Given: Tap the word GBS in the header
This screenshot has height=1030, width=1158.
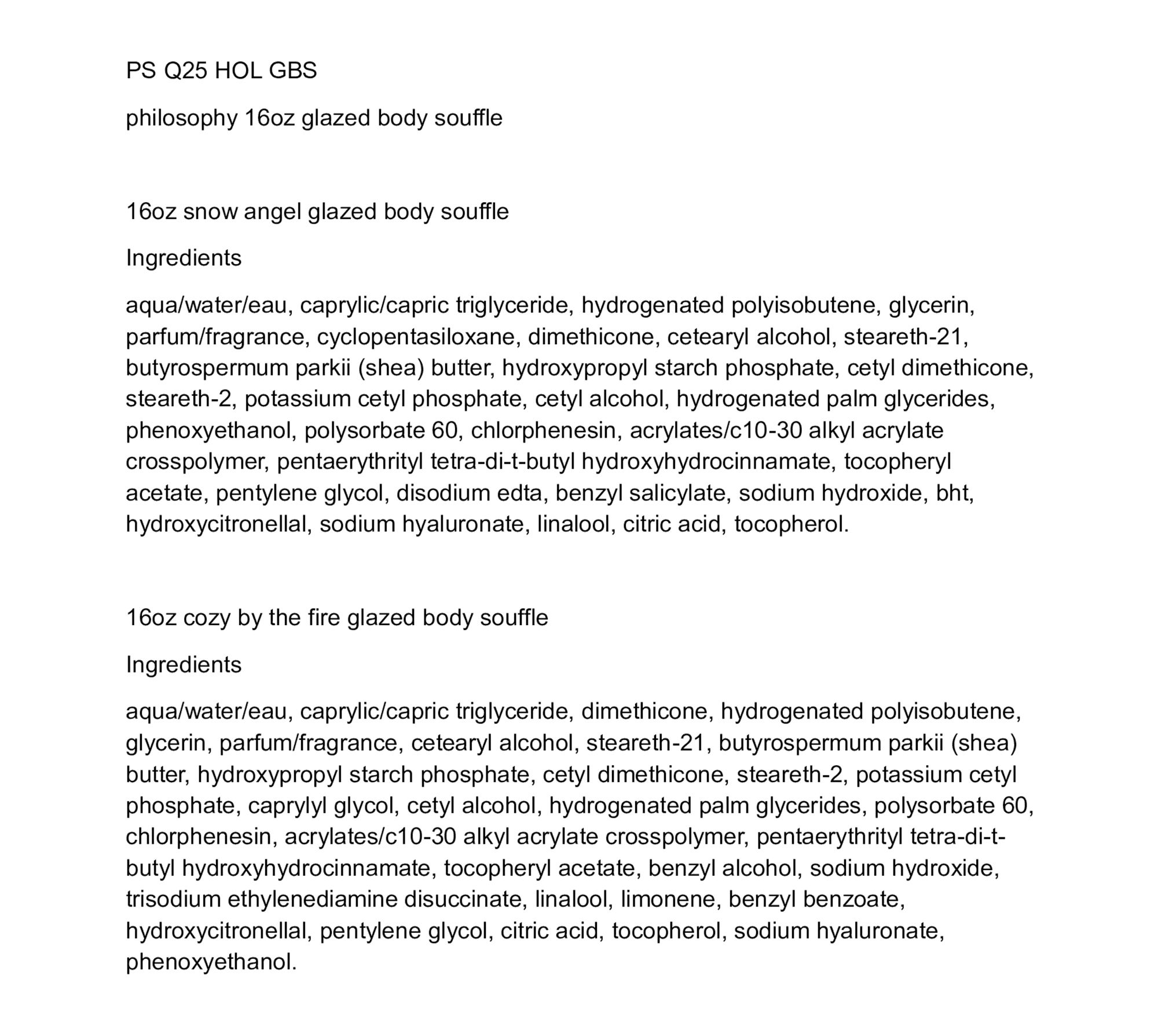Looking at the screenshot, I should pyautogui.click(x=292, y=71).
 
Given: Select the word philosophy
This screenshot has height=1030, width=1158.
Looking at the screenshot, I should pyautogui.click(x=182, y=118).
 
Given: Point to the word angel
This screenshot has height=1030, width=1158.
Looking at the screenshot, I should pyautogui.click(x=273, y=212).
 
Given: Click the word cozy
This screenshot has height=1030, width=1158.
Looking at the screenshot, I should pyautogui.click(x=207, y=618).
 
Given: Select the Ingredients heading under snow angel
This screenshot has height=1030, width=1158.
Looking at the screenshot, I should pyautogui.click(x=184, y=258).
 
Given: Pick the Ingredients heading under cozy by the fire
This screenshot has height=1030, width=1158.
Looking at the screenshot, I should pyautogui.click(x=184, y=664).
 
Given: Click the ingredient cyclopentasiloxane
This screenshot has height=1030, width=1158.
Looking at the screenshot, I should pyautogui.click(x=415, y=337).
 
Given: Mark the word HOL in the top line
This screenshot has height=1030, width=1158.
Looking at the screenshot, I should pyautogui.click(x=238, y=71).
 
